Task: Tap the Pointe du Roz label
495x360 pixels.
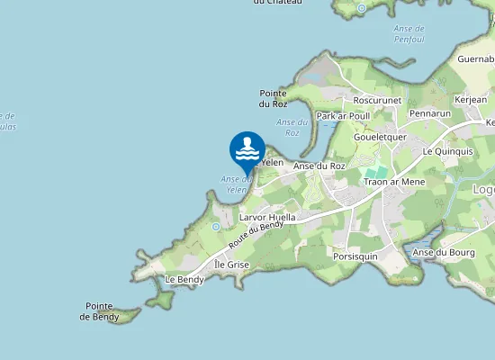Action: [x=273, y=98]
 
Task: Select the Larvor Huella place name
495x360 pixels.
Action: [x=267, y=217]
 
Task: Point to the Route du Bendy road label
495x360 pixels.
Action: [x=256, y=235]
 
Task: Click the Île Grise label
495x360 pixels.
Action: [x=232, y=265]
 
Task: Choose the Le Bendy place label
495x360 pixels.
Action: [x=184, y=279]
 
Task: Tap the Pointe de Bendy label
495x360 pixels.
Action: [x=99, y=311]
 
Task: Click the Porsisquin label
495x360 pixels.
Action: [x=354, y=256]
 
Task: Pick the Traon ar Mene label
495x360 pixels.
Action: [x=393, y=182]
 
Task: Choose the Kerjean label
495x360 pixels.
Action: [x=471, y=98]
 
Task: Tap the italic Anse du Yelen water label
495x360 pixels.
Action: [x=235, y=184]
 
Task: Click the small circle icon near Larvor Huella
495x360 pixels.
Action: [x=216, y=227]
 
